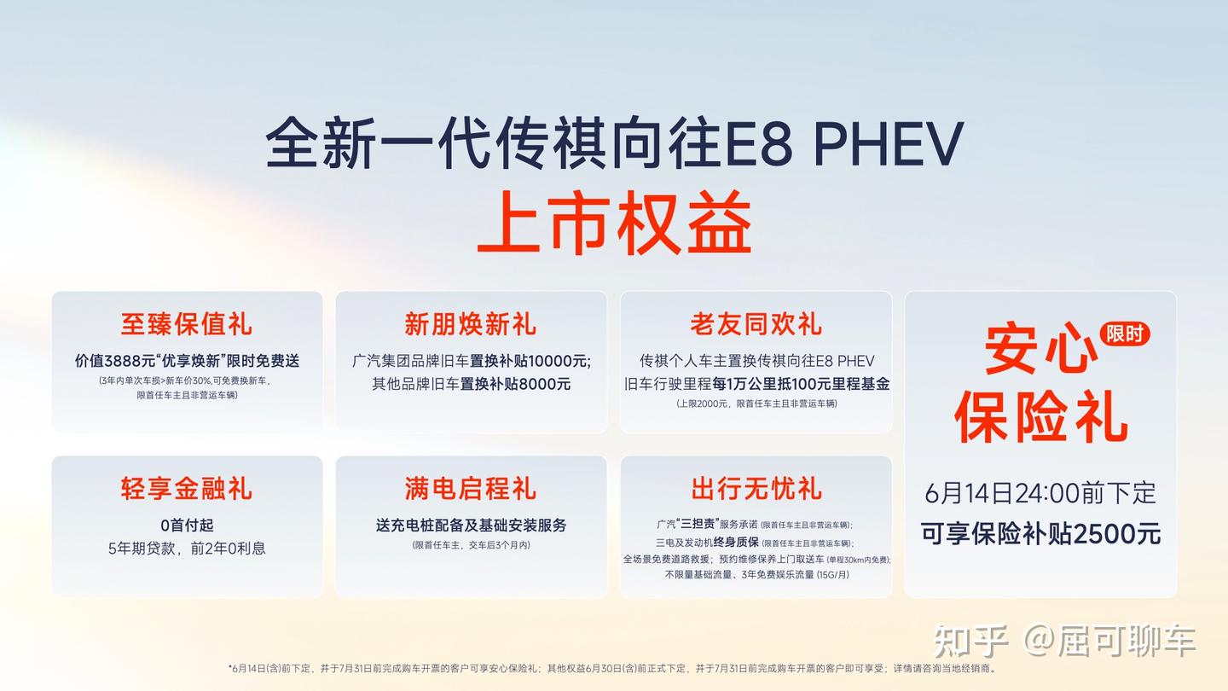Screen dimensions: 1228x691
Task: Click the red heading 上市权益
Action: point(614,222)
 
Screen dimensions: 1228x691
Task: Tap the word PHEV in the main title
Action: point(889,143)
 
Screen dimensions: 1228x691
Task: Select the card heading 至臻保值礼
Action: point(187,323)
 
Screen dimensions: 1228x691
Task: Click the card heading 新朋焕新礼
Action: point(471,323)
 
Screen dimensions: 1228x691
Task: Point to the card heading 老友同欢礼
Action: point(756,323)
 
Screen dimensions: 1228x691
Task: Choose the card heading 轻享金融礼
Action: point(187,488)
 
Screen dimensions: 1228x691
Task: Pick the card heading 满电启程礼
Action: point(471,488)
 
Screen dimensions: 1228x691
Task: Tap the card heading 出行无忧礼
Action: point(756,488)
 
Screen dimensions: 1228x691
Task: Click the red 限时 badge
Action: point(1124,334)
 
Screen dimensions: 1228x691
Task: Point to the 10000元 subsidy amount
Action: point(559,361)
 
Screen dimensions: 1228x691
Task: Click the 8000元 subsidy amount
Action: point(544,384)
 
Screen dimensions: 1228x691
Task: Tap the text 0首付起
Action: point(187,526)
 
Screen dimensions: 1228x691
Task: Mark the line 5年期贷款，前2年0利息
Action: point(187,549)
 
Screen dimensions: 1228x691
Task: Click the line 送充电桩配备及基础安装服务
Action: point(471,526)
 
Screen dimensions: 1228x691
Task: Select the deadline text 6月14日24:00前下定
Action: point(1040,493)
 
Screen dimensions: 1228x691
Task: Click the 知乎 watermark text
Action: point(970,641)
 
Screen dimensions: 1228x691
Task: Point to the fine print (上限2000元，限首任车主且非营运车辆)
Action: point(756,404)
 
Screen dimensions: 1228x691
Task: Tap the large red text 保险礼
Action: point(1040,417)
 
